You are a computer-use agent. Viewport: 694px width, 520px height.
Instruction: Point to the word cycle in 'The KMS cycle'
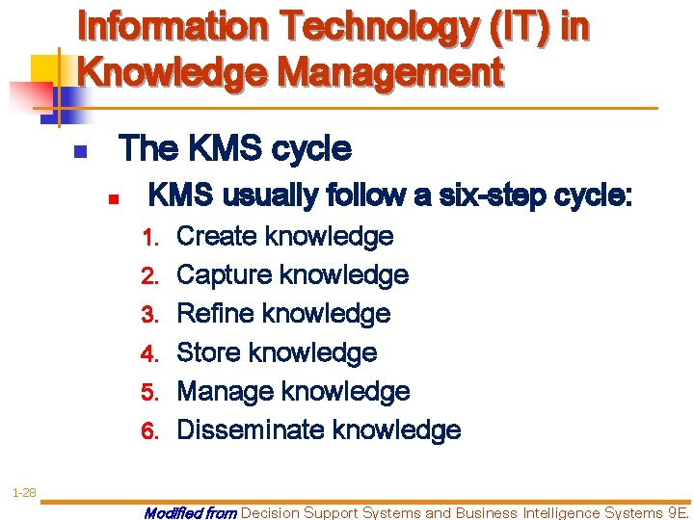click(x=311, y=149)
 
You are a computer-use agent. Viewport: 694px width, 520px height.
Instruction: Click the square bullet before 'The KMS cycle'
click(x=81, y=152)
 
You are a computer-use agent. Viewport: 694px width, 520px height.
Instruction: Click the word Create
click(x=217, y=236)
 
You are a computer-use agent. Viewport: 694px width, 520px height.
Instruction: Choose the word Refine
click(x=215, y=313)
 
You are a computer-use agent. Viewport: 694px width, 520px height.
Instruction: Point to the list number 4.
click(x=148, y=353)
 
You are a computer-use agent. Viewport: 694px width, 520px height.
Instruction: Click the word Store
click(x=209, y=352)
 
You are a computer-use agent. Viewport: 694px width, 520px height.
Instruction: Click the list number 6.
click(x=148, y=430)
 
